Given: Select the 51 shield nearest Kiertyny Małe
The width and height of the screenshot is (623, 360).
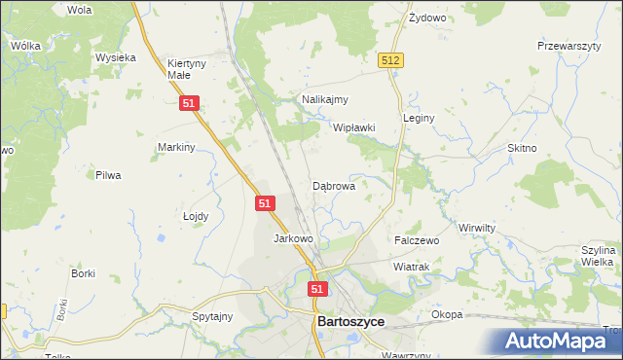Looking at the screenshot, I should coord(191,103).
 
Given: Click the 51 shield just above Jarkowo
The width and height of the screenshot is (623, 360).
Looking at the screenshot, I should coord(266,203).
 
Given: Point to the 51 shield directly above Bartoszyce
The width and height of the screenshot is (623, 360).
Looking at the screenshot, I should coord(318,289).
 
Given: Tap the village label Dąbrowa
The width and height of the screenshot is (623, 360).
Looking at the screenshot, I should coord(333,185).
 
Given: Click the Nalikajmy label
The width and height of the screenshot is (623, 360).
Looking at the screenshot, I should coord(325,99).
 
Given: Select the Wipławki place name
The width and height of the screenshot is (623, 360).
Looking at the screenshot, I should coord(354,127).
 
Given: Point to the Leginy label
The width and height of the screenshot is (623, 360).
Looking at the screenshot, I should coord(418,118).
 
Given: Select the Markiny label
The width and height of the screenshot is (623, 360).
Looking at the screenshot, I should coord(177,147).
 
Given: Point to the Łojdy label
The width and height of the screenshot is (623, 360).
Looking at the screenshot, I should coord(196,217).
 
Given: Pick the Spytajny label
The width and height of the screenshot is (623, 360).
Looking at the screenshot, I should coord(212,316).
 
